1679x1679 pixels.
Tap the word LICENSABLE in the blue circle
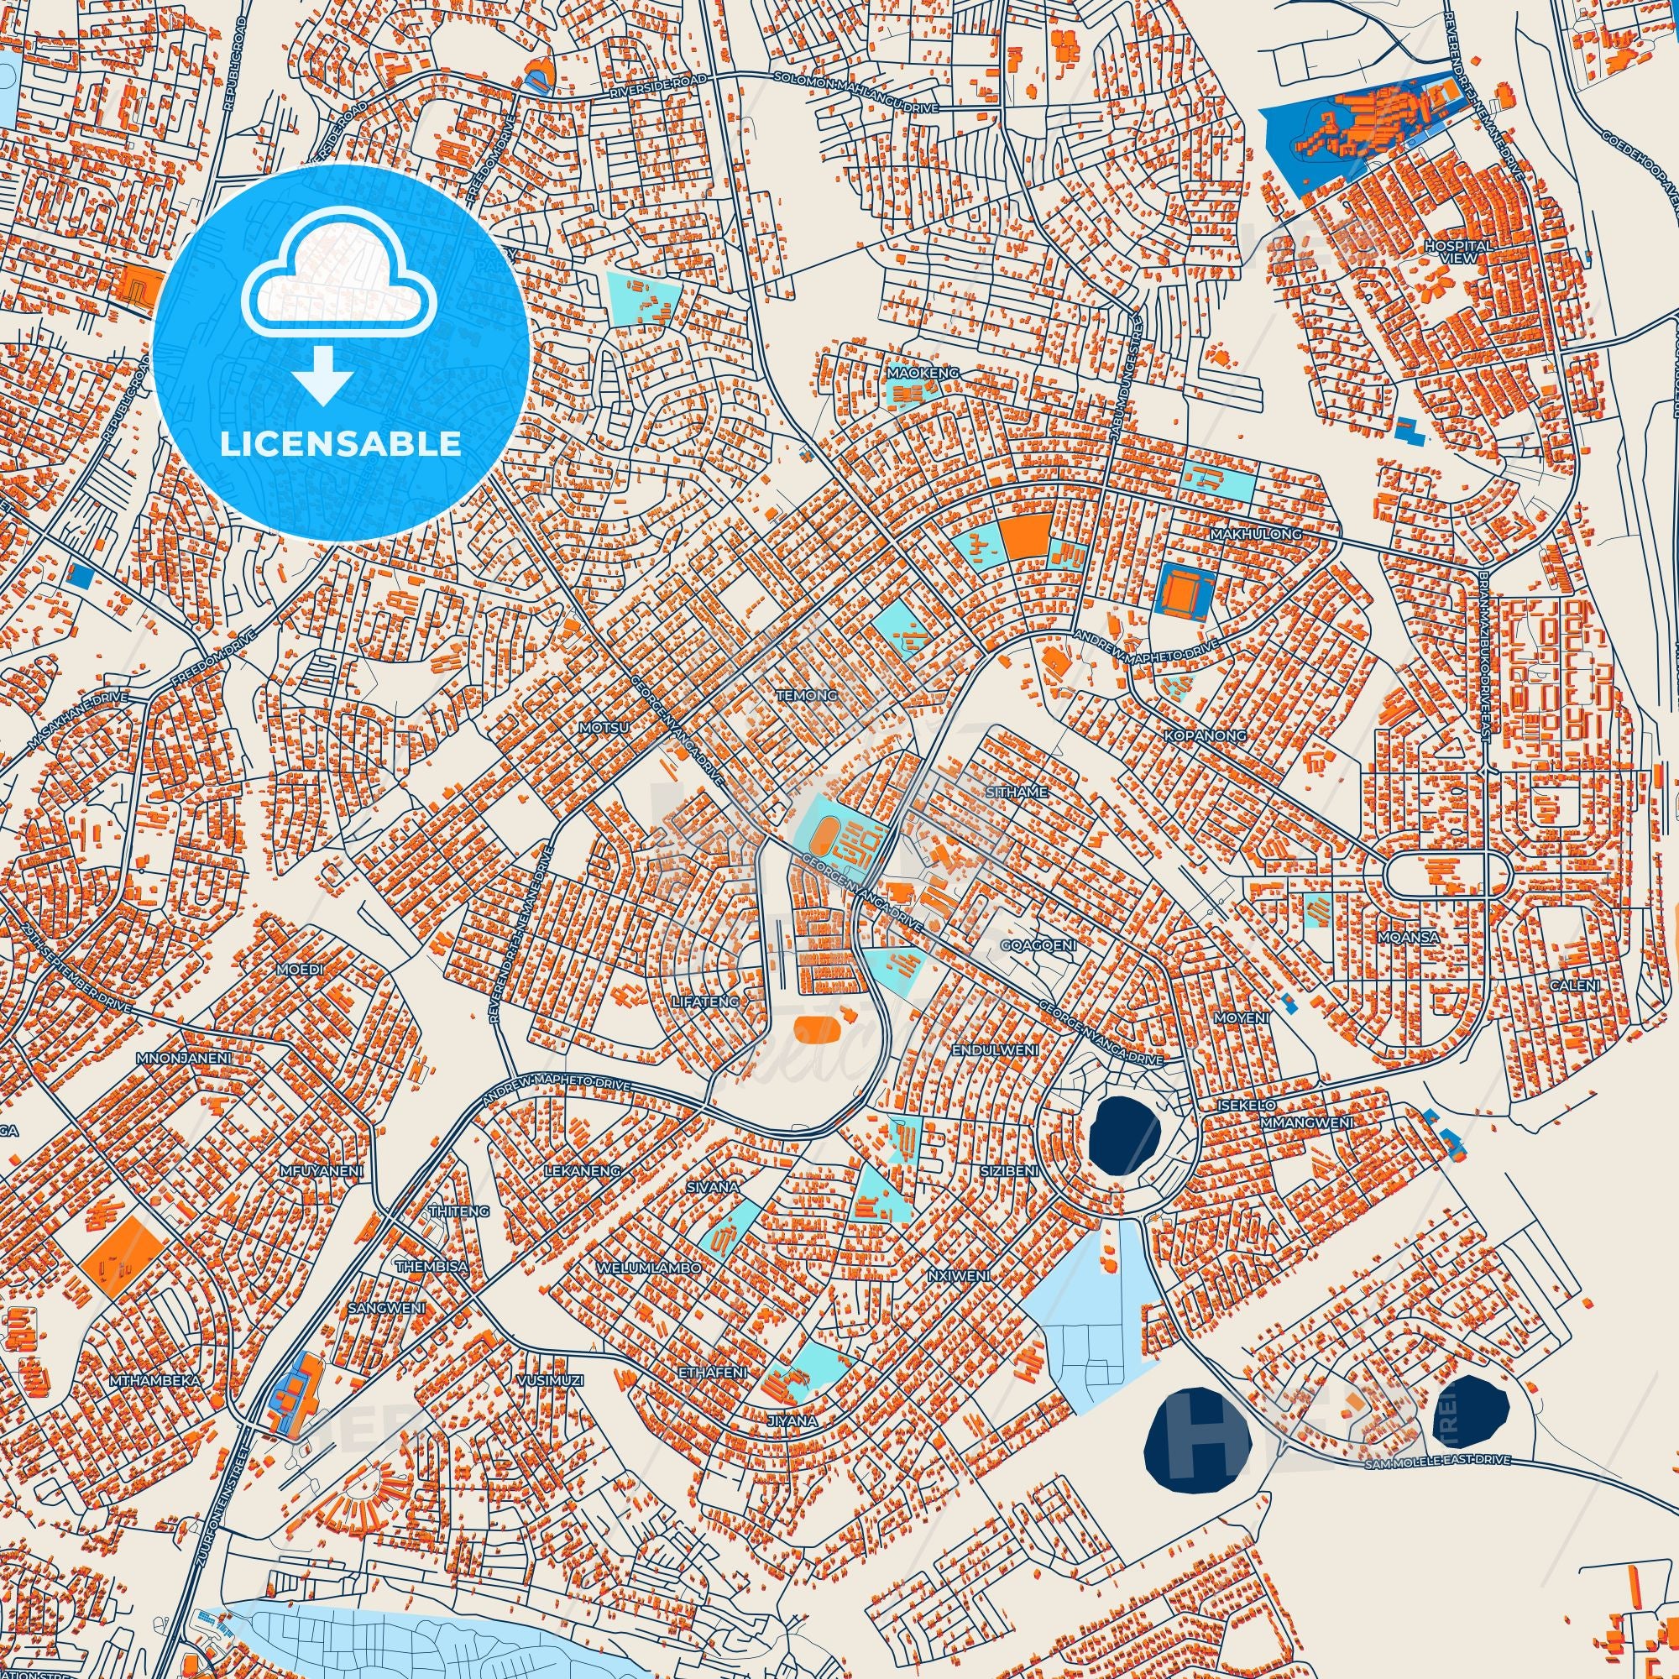[341, 444]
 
